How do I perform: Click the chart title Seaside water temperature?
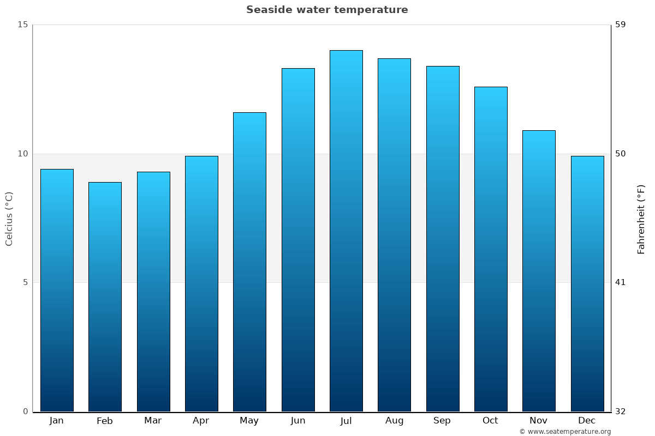tap(327, 10)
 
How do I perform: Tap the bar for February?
tap(105, 296)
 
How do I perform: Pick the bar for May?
tap(249, 262)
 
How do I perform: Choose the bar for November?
tap(539, 271)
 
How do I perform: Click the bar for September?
tap(443, 239)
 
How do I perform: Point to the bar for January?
tap(57, 290)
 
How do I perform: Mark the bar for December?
tap(587, 283)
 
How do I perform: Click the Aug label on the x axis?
tap(394, 421)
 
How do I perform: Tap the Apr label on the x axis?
tap(201, 421)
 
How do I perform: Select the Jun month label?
tap(298, 421)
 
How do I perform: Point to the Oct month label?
tap(490, 421)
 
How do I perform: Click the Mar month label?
tap(153, 421)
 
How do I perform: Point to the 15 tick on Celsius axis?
tap(22, 25)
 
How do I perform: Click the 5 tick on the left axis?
tap(25, 282)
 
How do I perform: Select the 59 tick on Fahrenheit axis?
tap(621, 25)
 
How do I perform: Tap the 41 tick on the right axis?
tap(621, 282)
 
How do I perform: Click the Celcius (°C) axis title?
tap(9, 219)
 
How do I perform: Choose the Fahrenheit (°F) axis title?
tap(641, 219)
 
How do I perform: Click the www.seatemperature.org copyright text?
tap(565, 432)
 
